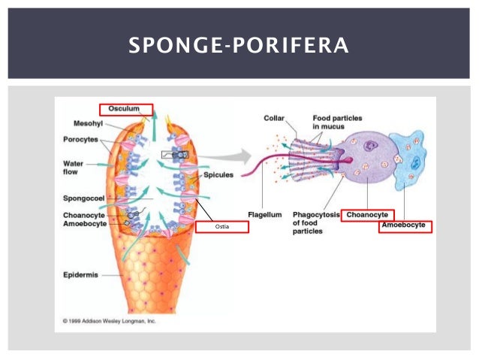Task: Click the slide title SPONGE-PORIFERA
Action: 239,46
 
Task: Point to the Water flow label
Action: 74,168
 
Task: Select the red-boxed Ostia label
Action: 221,226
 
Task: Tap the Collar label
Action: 273,118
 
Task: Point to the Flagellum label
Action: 265,215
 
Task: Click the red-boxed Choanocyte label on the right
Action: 367,215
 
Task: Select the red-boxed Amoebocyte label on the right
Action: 405,225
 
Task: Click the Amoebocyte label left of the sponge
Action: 84,223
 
